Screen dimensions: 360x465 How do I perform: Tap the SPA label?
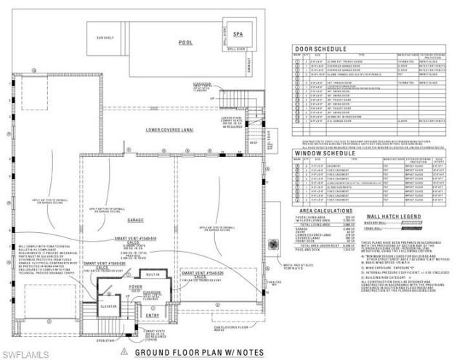[238, 33]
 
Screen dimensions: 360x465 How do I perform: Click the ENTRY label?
[152, 315]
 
